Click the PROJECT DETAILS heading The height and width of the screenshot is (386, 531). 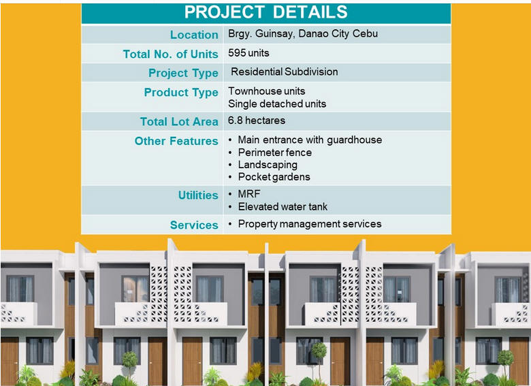(x=265, y=12)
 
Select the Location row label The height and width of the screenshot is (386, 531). (x=194, y=35)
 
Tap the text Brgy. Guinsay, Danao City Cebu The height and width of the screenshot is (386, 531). (x=303, y=34)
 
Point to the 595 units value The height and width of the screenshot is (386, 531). (x=248, y=53)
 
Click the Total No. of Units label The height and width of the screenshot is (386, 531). (x=170, y=54)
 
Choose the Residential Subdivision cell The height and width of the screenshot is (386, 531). (x=284, y=71)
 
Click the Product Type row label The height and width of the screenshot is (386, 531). (x=181, y=93)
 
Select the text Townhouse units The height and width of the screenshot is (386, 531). (x=266, y=91)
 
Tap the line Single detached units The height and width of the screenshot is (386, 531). (x=277, y=104)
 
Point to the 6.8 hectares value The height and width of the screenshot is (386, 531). (x=257, y=120)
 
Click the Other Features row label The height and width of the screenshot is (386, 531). (x=176, y=141)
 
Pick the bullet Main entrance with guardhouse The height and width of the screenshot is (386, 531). (x=310, y=140)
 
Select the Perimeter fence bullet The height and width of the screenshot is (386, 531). (x=274, y=152)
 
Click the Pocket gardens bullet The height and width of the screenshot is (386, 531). (x=274, y=177)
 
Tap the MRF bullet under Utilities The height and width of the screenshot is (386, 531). (x=249, y=194)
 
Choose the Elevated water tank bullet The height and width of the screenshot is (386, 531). (x=283, y=207)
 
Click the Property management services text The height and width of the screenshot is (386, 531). (x=310, y=224)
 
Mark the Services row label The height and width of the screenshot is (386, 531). (x=194, y=225)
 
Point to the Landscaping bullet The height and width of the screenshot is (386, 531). (x=268, y=165)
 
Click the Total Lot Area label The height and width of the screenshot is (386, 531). (x=179, y=122)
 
